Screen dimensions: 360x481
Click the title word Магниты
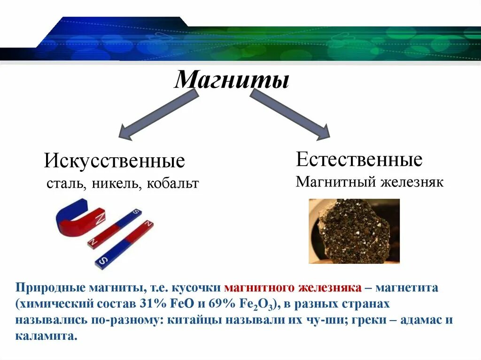[x=232, y=80]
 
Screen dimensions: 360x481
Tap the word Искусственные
[x=115, y=161]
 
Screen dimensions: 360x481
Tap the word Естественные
[x=359, y=160]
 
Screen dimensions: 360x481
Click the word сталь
[x=65, y=184]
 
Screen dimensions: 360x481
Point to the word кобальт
[x=172, y=184]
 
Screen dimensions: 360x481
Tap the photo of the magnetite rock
[x=354, y=230]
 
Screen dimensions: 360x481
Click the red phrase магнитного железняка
[x=293, y=288]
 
